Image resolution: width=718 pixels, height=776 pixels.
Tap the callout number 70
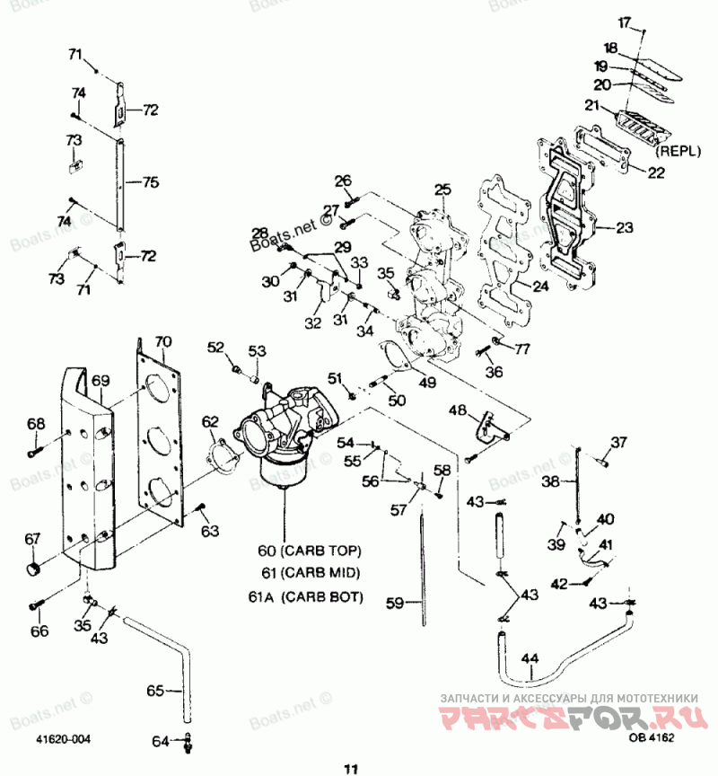click(162, 342)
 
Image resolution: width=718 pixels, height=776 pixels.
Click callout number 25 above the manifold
click(442, 190)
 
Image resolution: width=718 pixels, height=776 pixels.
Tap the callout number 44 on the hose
click(530, 660)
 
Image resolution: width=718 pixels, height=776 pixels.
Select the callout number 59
click(396, 603)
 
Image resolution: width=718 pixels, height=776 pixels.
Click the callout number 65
click(156, 692)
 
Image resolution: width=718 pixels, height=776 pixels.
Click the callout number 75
click(150, 182)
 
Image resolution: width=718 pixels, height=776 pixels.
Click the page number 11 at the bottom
click(350, 767)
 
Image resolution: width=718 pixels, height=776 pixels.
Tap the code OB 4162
click(651, 738)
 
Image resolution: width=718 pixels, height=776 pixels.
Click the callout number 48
click(458, 410)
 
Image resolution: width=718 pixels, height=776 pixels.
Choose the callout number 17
click(625, 22)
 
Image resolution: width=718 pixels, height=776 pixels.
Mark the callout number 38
click(549, 481)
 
